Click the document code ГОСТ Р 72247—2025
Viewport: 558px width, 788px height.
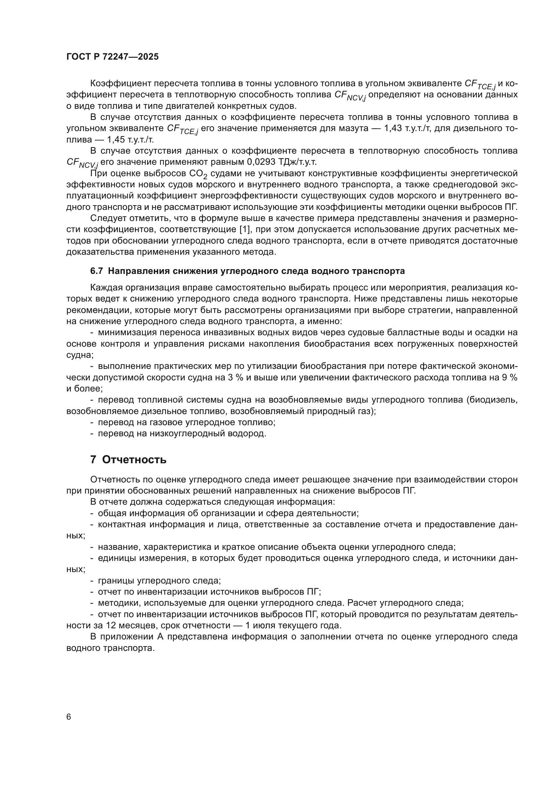point(112,57)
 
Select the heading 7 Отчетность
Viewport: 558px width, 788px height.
point(128,460)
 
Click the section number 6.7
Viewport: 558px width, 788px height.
point(96,271)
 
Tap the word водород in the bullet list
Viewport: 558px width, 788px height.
point(248,434)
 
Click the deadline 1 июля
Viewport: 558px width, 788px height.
point(262,625)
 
